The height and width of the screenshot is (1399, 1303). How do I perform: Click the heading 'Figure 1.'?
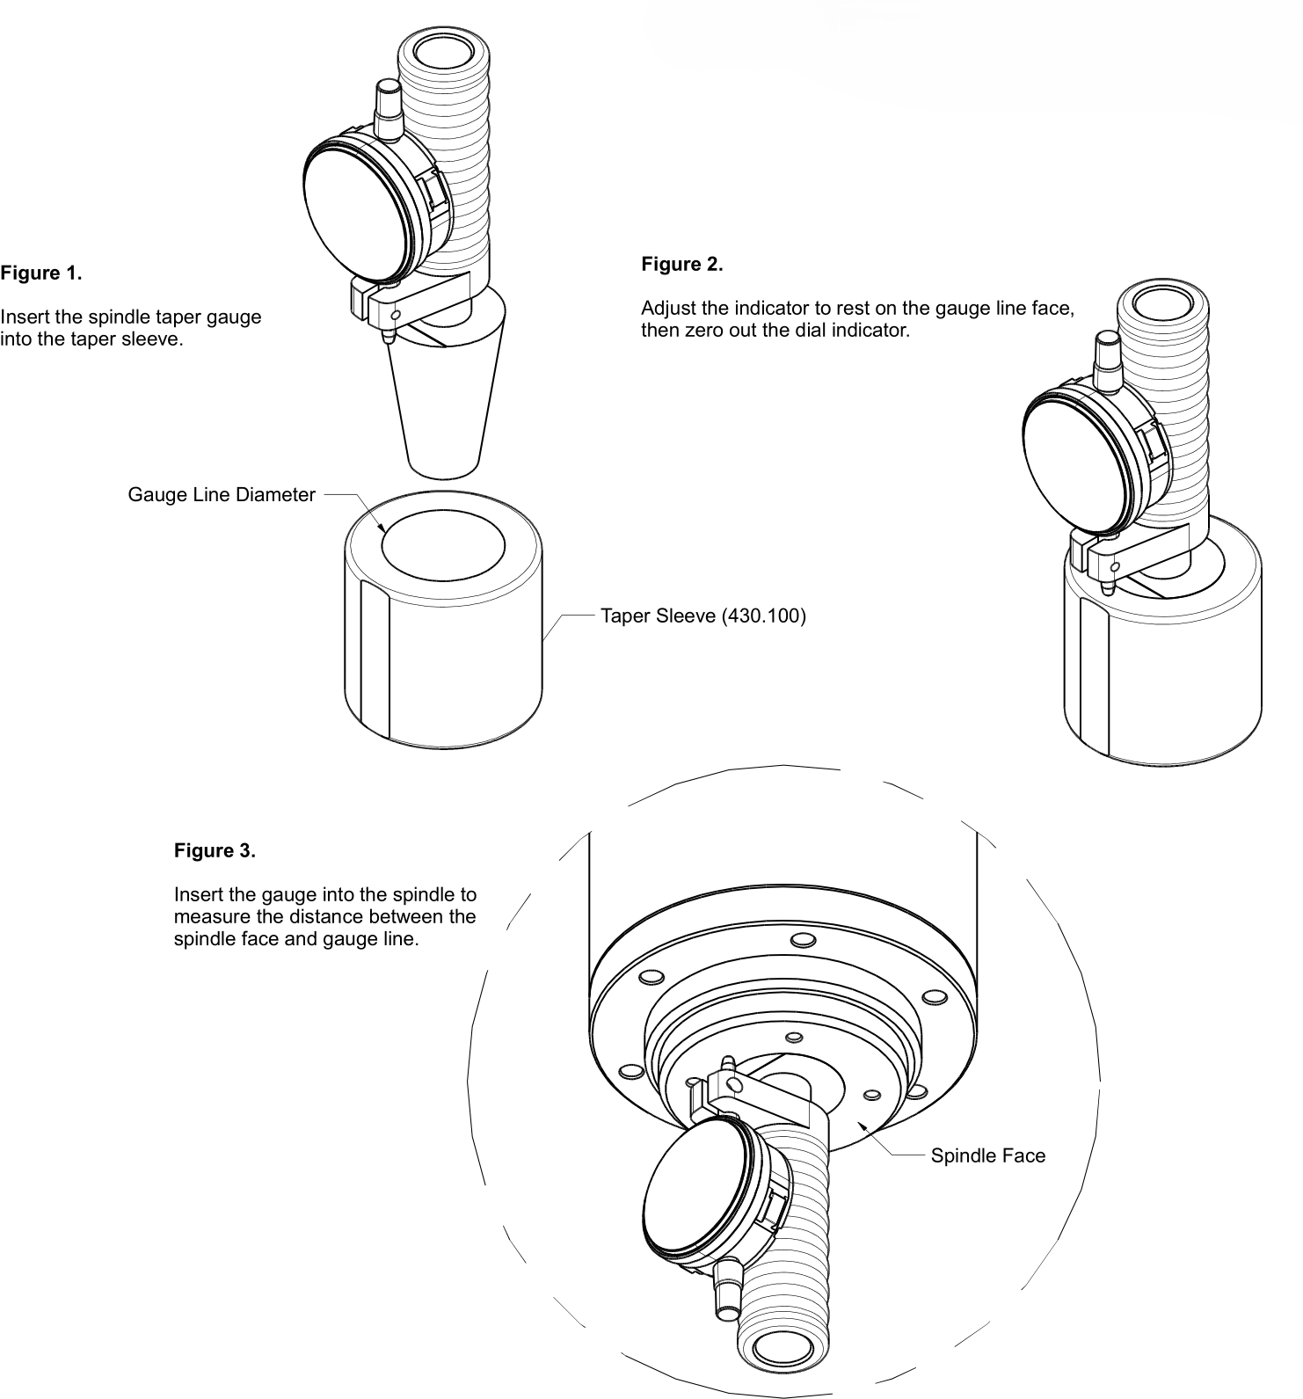point(41,273)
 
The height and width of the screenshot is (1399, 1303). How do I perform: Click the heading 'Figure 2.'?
point(681,264)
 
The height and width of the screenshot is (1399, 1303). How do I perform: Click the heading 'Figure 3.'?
point(215,850)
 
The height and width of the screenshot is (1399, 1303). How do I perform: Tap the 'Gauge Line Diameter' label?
point(221,494)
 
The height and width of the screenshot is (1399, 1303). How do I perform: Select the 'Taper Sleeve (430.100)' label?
point(702,615)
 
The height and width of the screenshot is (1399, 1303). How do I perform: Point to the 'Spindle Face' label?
point(987,1155)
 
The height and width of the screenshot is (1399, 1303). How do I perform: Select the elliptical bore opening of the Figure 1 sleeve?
point(442,545)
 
